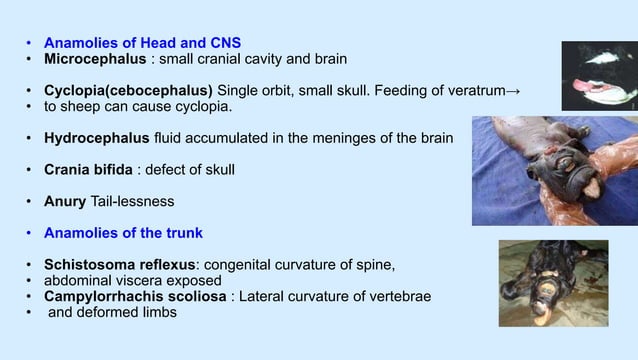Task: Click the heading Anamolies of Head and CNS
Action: pos(142,43)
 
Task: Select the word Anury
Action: pos(65,201)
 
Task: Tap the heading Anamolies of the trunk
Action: pos(123,233)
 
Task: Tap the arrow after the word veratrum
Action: pos(514,92)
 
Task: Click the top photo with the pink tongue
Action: pos(598,75)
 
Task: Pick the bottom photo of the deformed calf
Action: pos(553,283)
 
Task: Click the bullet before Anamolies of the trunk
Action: pos(30,233)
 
